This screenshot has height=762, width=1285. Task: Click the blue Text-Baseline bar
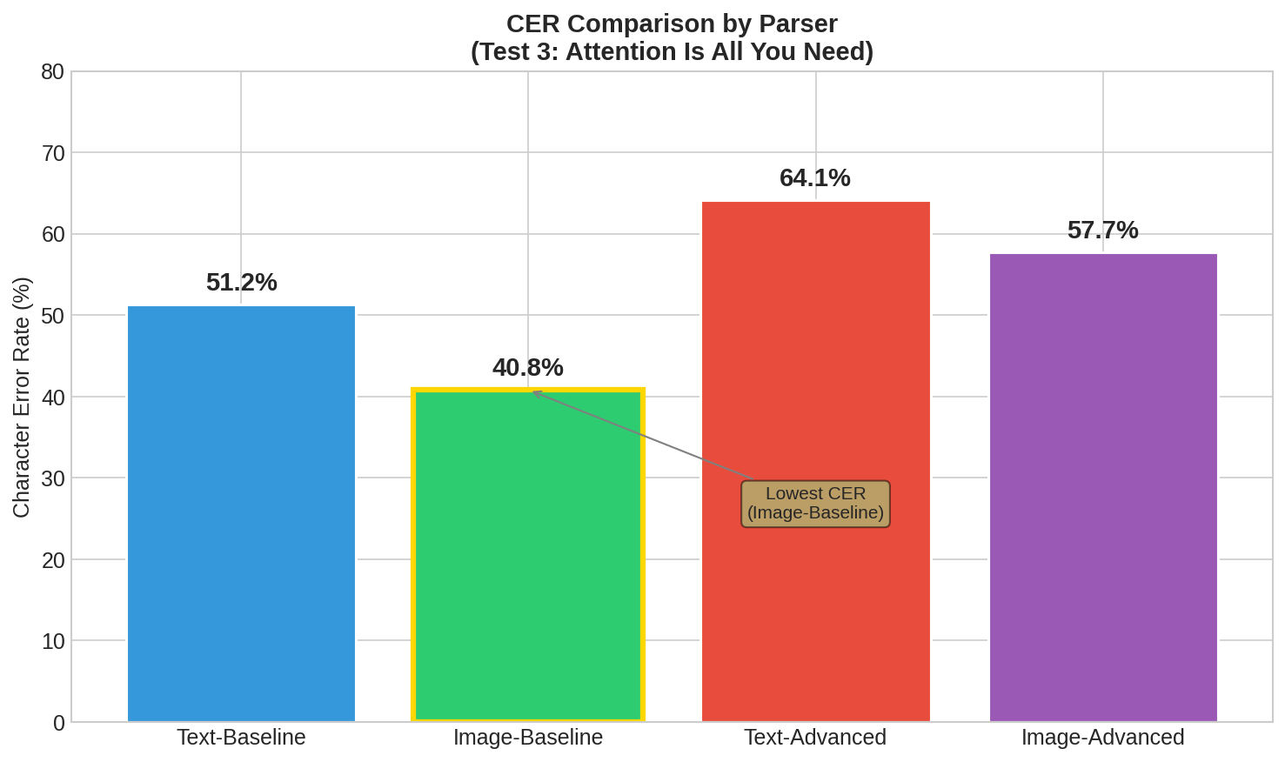point(241,513)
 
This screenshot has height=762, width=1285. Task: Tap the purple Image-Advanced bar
point(1103,487)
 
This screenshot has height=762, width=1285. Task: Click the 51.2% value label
point(241,283)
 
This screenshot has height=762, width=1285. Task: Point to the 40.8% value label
point(528,368)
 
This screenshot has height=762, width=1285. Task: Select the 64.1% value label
point(815,178)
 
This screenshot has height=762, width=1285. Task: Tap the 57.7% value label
point(1103,231)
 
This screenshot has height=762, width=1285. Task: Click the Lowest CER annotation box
point(815,504)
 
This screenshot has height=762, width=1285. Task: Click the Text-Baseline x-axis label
point(241,738)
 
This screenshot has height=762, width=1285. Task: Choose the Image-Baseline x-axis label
point(528,738)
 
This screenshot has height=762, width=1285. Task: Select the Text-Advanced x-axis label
point(815,738)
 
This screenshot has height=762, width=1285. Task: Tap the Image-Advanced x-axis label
point(1103,738)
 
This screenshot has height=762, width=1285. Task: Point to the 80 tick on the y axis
point(52,72)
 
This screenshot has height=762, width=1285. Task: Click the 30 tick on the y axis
point(52,478)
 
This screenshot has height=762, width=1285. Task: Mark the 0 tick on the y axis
point(58,723)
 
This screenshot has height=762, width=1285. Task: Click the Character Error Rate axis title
point(22,397)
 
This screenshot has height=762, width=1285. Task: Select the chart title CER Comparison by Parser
point(672,23)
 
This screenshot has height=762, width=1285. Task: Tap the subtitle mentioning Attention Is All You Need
point(672,52)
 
